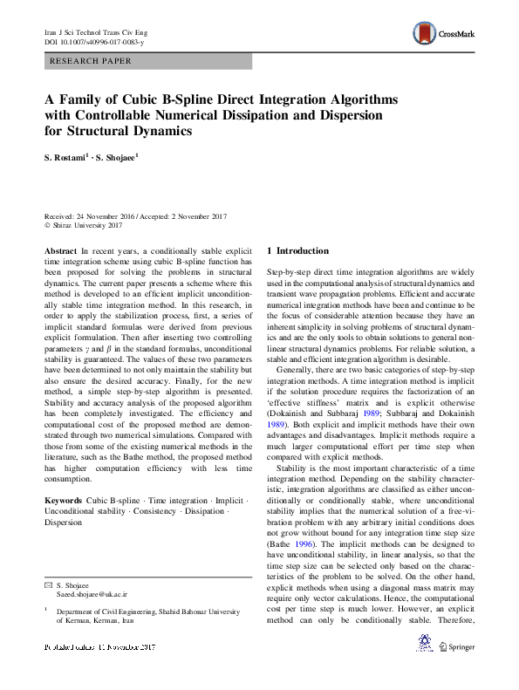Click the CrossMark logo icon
click(425, 34)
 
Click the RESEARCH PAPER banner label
click(92, 62)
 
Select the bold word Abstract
click(61, 250)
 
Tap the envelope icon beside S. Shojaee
click(48, 584)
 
